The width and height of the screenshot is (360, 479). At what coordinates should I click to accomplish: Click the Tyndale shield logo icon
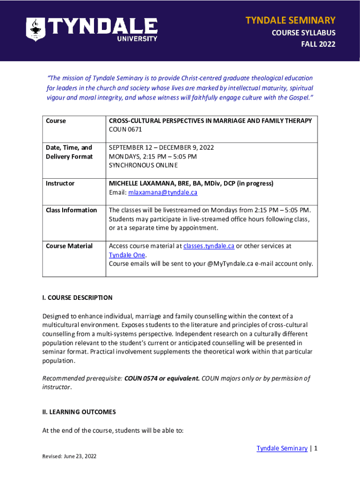36,29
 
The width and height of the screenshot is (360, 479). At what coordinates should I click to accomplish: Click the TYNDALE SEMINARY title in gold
290,20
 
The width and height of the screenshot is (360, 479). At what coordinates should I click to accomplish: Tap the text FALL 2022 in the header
318,44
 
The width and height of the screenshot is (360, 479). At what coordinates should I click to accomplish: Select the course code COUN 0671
125,130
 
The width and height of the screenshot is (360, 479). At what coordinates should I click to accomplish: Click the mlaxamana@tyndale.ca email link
160,192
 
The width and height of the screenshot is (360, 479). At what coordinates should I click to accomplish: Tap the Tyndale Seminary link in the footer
281,448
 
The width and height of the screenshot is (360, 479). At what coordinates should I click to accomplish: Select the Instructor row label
60,183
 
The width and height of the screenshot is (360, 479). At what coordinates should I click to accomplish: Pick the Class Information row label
71,210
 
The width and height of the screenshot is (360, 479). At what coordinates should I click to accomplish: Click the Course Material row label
69,246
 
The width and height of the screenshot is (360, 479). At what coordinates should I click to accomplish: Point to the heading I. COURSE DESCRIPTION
77,298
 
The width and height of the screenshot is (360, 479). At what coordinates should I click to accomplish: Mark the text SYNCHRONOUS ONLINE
143,165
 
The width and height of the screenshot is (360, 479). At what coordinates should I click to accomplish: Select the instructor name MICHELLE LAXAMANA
144,183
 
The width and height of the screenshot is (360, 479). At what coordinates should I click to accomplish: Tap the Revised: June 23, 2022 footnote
69,457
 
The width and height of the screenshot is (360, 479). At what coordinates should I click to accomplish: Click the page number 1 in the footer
316,448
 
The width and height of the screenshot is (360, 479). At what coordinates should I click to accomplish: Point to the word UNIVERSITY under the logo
136,39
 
